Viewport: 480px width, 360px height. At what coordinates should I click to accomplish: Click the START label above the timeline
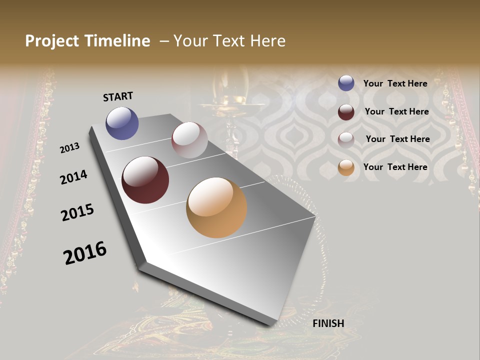click(118, 96)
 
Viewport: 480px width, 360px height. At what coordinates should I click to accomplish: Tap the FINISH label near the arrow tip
click(328, 323)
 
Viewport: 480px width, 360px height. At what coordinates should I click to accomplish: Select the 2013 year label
click(70, 148)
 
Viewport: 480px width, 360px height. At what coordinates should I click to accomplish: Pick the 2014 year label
click(73, 177)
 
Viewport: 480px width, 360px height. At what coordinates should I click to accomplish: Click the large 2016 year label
click(85, 253)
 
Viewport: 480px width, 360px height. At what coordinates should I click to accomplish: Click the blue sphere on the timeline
click(122, 123)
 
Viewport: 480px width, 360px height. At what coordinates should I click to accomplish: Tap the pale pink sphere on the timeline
click(189, 140)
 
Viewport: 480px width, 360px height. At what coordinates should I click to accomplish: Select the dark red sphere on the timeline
click(145, 180)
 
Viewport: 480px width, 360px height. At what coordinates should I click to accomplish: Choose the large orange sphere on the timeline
click(216, 207)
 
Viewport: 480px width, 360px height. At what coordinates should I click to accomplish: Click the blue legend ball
click(346, 83)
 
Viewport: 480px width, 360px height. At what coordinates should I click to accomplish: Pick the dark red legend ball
click(346, 112)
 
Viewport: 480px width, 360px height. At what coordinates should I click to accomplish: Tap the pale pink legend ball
click(346, 140)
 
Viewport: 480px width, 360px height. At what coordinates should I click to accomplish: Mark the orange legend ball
click(346, 167)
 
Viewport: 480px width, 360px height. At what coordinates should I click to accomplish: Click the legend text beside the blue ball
click(395, 83)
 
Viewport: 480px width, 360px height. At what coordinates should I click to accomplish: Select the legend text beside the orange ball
click(395, 167)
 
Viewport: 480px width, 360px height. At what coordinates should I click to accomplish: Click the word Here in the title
click(268, 41)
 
